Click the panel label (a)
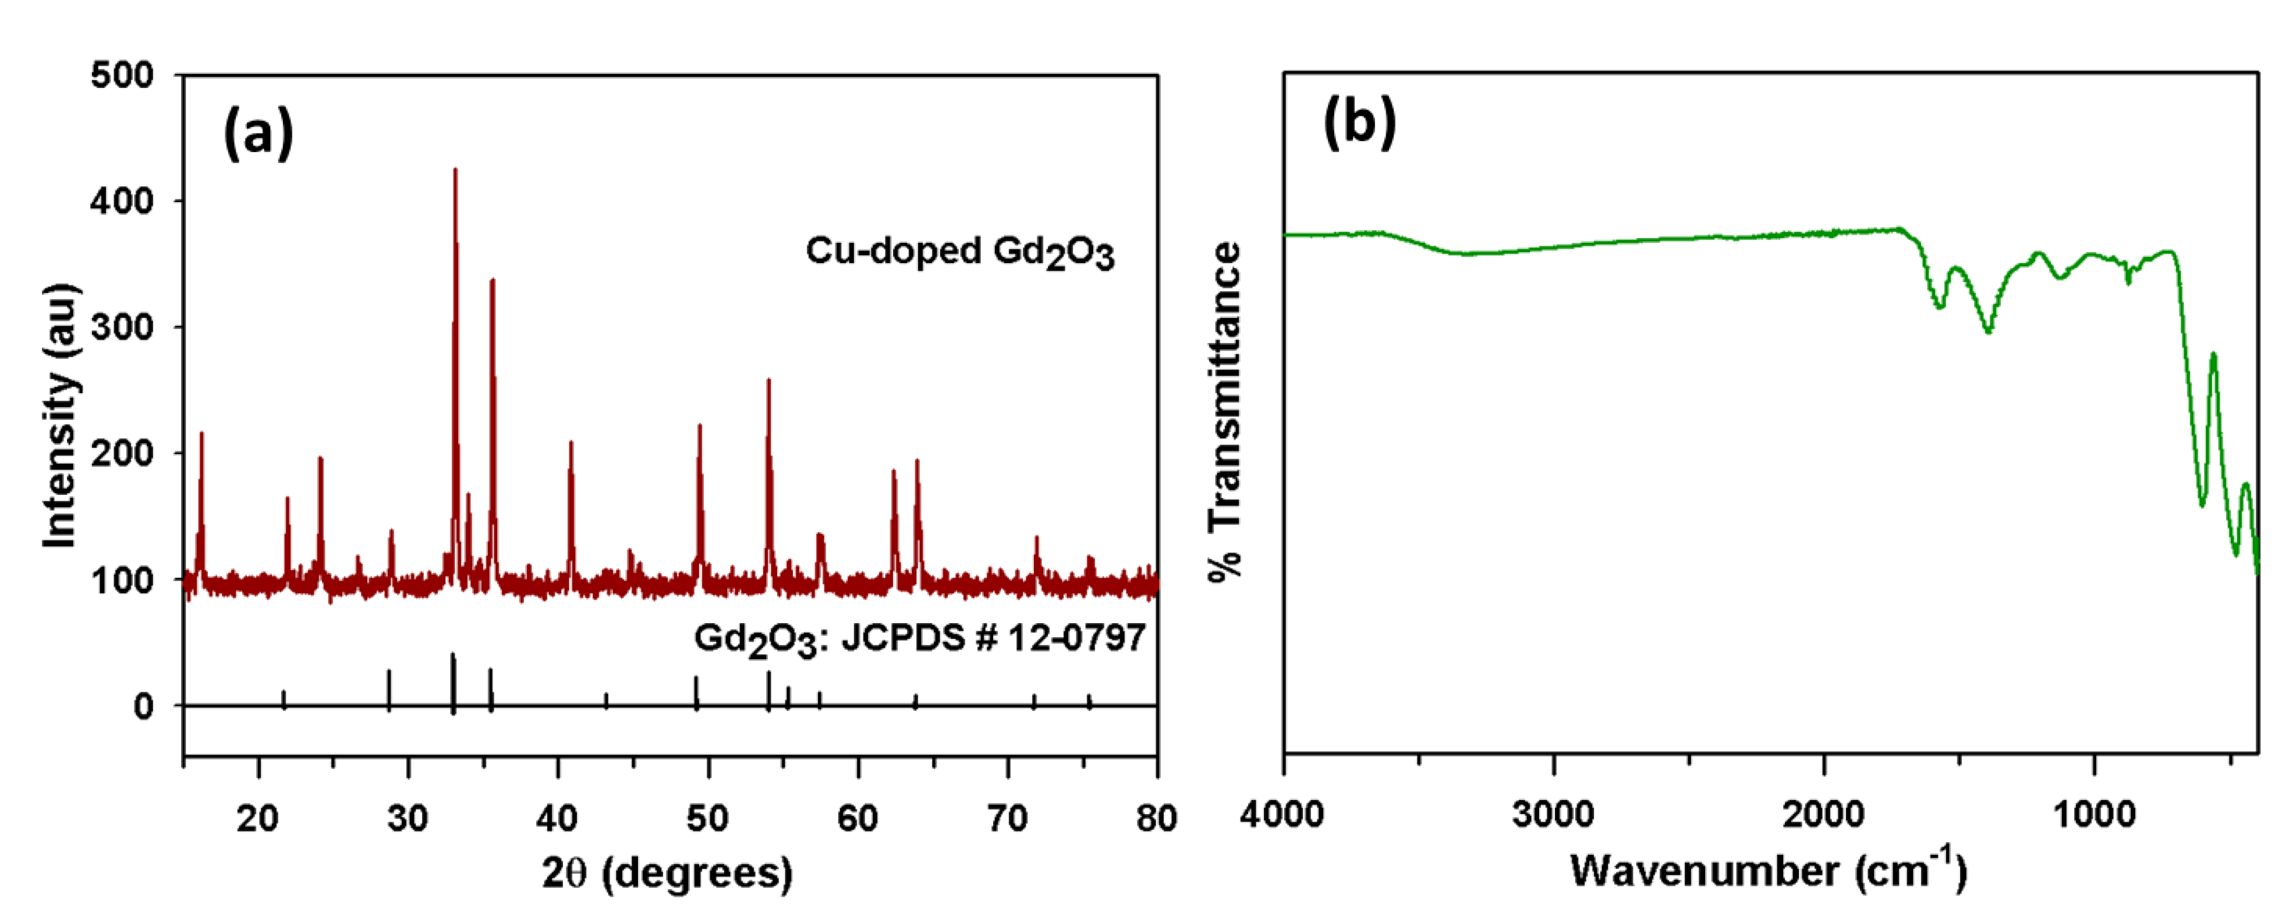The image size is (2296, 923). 257,132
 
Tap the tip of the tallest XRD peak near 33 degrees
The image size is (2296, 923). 455,169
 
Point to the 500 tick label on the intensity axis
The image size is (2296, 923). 122,75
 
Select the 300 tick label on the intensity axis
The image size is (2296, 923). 122,327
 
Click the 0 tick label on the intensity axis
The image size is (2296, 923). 143,706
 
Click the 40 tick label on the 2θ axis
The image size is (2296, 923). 558,817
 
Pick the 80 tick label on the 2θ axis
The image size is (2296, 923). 1157,817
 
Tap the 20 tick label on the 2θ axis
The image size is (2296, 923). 257,817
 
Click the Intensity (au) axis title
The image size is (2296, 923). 61,416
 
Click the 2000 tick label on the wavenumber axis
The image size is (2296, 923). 1824,814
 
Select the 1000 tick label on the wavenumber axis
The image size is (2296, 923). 2095,814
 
